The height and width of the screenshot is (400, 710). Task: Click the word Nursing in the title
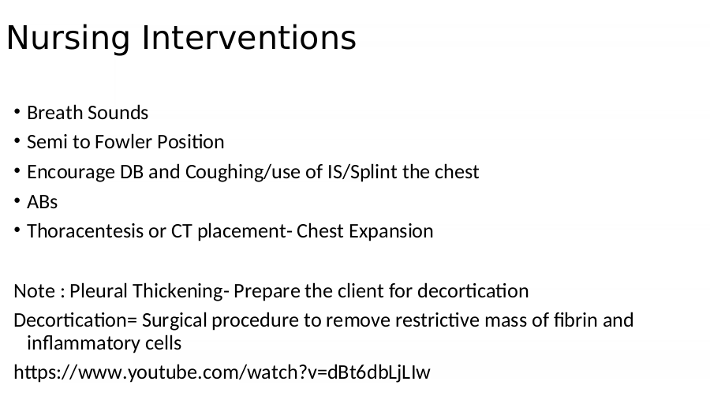[x=69, y=39]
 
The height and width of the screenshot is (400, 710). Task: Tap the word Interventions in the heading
[x=249, y=38]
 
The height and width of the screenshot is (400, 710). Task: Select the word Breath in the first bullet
[x=54, y=113]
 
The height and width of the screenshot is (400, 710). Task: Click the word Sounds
[x=118, y=113]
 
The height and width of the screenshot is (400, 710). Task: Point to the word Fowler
[x=123, y=142]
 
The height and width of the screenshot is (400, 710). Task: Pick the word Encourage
[x=71, y=173]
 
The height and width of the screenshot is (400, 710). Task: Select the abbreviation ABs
[x=42, y=202]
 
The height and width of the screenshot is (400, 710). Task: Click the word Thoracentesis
[x=85, y=231]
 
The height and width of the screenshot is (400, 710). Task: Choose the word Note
[x=35, y=291]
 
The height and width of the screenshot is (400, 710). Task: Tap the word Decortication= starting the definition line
[x=75, y=321]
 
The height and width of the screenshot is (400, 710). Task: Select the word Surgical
[x=174, y=321]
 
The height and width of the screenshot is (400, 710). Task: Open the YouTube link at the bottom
[x=222, y=373]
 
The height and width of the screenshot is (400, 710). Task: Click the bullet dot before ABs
[x=17, y=200]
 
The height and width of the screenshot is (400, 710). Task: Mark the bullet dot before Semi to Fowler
[x=17, y=141]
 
